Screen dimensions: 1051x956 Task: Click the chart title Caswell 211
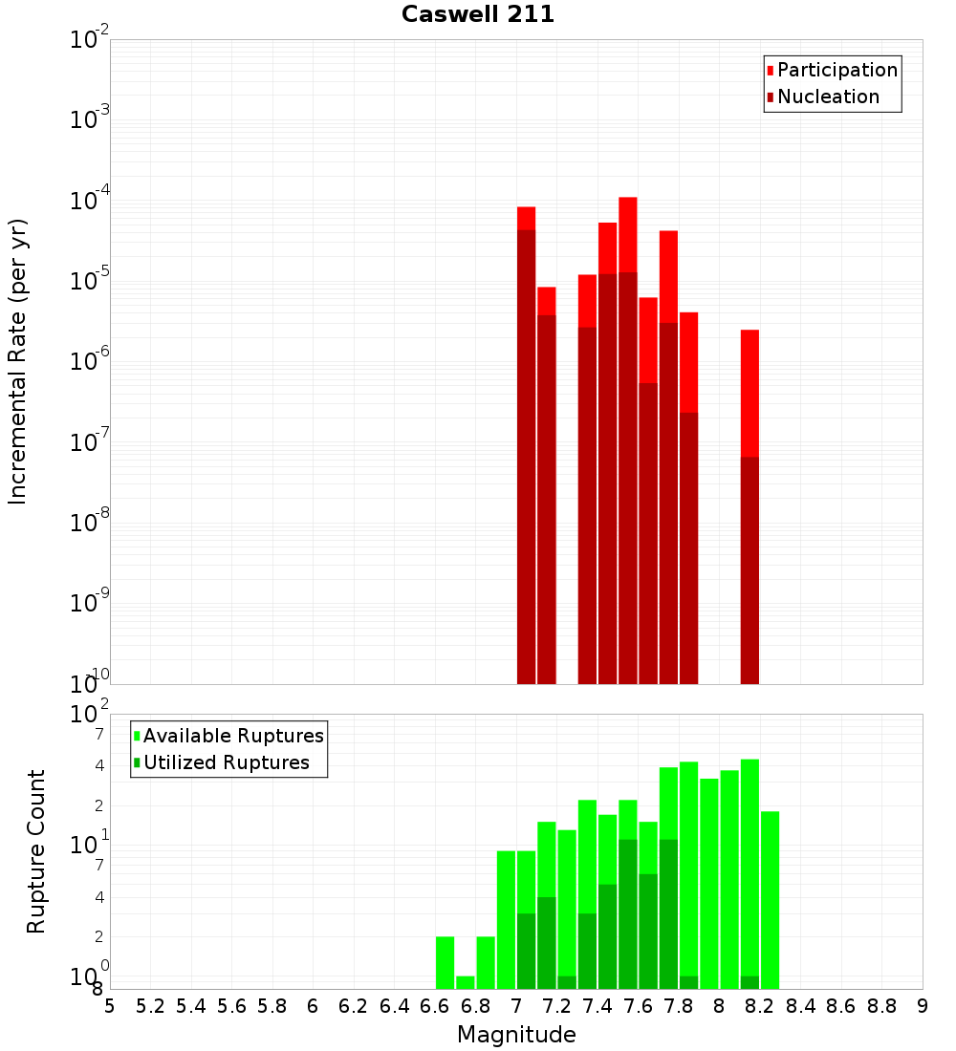coord(478,14)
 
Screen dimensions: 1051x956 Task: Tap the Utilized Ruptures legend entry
coord(226,762)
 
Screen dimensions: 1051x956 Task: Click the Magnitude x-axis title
coord(516,1035)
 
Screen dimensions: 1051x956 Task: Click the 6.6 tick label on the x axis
coord(435,1006)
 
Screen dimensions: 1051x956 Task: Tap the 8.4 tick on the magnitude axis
coord(801,1006)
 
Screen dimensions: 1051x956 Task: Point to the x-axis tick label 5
coord(110,1006)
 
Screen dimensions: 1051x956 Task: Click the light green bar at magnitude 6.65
coord(445,962)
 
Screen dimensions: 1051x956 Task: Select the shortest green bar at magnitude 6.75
coord(465,982)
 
